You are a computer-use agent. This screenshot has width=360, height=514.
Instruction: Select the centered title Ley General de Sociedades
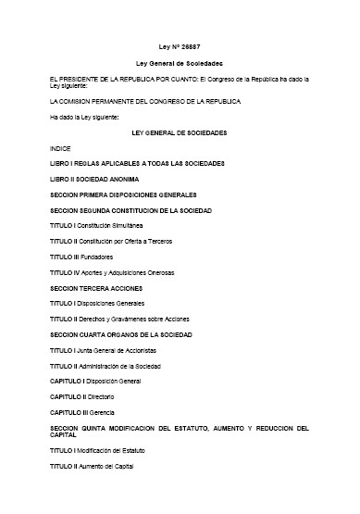180,63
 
